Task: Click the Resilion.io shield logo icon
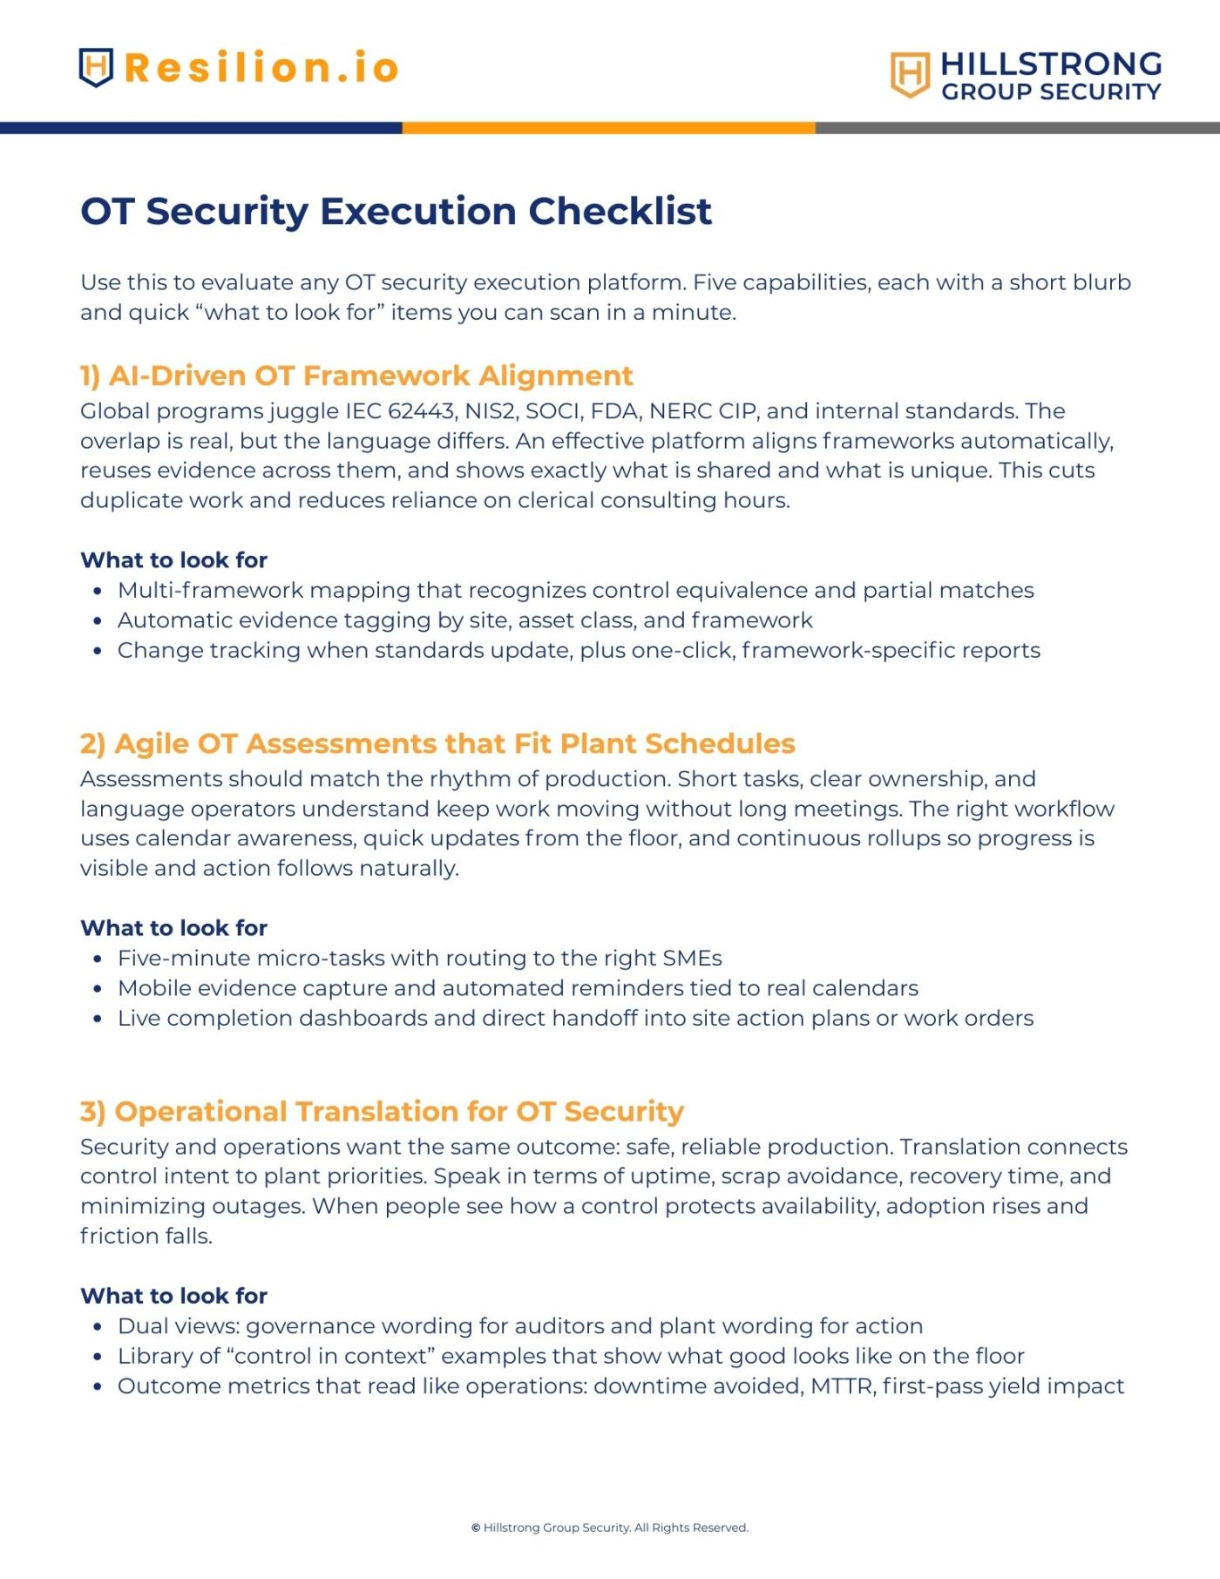(x=96, y=67)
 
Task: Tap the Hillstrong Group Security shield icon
(x=910, y=74)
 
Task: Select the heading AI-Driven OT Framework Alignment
(x=371, y=376)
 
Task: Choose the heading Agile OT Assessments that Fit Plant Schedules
(x=455, y=743)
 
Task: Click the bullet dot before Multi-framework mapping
(x=98, y=591)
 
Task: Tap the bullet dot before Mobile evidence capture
(x=98, y=988)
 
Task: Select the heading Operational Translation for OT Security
(x=399, y=1111)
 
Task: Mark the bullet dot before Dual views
(x=98, y=1326)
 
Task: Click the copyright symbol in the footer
(x=476, y=1528)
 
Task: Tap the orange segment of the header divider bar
(x=608, y=128)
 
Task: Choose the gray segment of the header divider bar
(x=1018, y=128)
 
